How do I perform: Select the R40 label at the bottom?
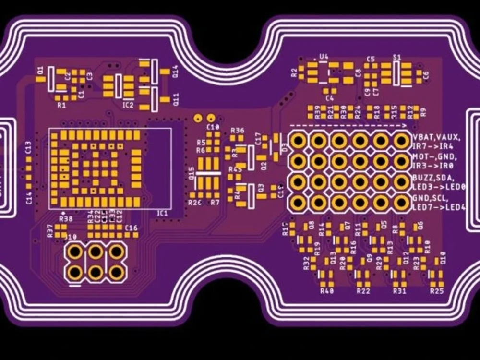pos(326,291)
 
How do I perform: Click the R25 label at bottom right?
pos(437,291)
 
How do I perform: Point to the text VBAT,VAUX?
pos(436,138)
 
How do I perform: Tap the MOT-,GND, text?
pos(434,157)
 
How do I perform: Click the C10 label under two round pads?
pos(213,127)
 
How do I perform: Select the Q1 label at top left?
pos(40,71)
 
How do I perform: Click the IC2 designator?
pos(128,105)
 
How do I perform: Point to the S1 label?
pos(396,57)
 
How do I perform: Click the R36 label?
pos(237,131)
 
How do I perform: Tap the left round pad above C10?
pos(197,118)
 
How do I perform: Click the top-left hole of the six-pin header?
pos(75,251)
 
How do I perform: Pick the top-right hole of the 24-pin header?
pos(401,140)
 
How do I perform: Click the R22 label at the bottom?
pos(363,291)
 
